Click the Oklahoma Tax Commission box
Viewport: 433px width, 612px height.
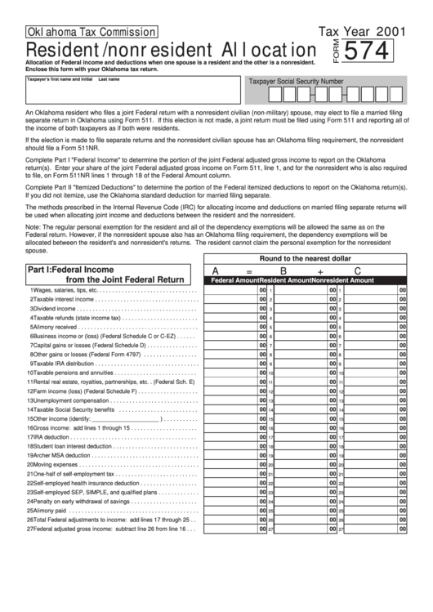click(x=80, y=32)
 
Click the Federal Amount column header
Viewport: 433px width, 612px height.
click(x=235, y=279)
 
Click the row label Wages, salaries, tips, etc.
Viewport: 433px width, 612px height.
click(x=65, y=290)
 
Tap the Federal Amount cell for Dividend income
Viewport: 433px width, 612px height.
click(x=232, y=309)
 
